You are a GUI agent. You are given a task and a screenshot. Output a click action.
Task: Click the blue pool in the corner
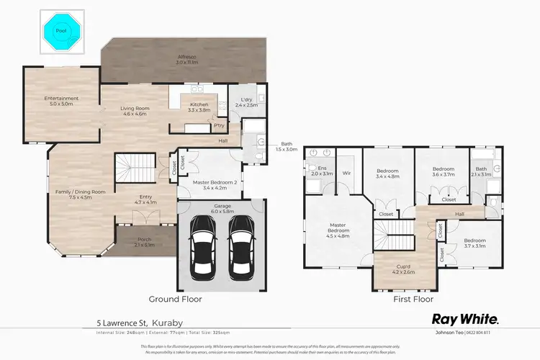pyautogui.click(x=61, y=30)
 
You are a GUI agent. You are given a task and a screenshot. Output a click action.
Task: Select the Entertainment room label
pyautogui.click(x=61, y=101)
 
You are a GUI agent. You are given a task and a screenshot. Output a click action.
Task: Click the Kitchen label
pyautogui.click(x=198, y=106)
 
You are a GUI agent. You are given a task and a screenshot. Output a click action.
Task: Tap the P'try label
pyautogui.click(x=219, y=127)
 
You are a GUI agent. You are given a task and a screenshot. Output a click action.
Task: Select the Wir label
pyautogui.click(x=346, y=174)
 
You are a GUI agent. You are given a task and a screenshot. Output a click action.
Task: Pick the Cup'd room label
pyautogui.click(x=403, y=270)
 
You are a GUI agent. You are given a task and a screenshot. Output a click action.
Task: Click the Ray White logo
pyautogui.click(x=464, y=318)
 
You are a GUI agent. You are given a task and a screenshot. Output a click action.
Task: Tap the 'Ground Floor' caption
pyautogui.click(x=175, y=299)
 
